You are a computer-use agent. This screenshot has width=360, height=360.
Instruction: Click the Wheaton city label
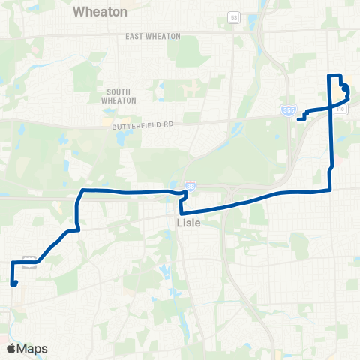click(100, 12)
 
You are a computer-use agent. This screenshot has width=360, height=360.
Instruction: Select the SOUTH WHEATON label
click(115, 95)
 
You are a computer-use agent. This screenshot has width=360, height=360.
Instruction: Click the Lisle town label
click(187, 223)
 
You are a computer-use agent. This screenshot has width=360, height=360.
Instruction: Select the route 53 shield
click(234, 16)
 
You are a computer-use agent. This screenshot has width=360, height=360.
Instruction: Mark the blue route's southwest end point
click(15, 283)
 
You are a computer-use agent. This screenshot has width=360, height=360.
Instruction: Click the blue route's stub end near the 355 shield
click(298, 118)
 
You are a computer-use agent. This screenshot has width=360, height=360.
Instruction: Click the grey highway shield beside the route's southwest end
click(30, 261)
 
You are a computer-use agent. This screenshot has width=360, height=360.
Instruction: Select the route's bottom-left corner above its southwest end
click(12, 262)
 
